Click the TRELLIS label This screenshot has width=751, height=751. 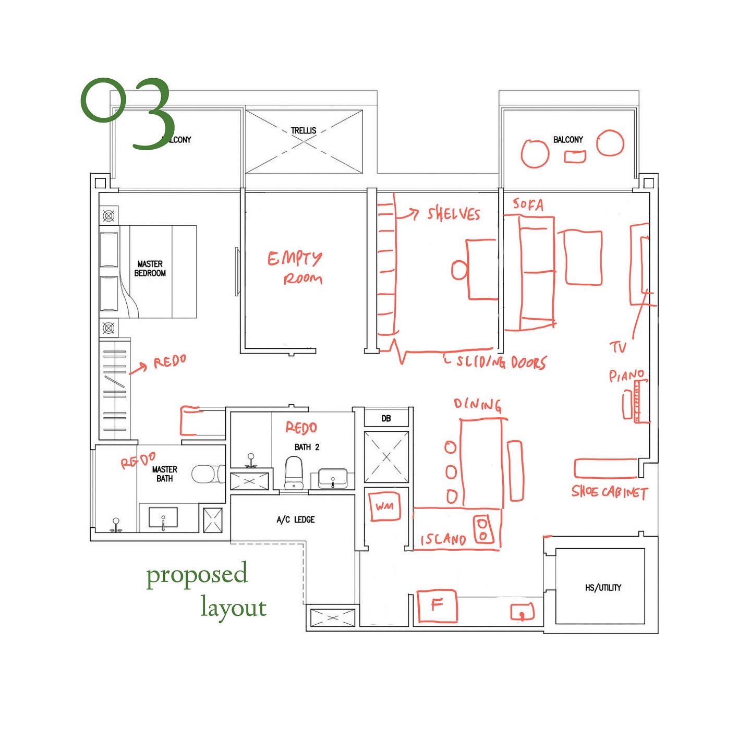tap(304, 130)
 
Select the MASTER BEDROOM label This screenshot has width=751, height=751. tap(150, 269)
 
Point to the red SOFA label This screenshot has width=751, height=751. tap(528, 204)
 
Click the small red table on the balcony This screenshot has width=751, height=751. tap(575, 156)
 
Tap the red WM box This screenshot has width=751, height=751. tap(385, 505)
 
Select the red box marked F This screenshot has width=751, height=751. tap(437, 606)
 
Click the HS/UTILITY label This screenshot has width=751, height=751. tap(603, 588)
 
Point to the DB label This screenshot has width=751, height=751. tap(386, 418)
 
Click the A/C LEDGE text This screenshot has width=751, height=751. tap(296, 519)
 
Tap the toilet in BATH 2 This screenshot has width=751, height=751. tap(294, 473)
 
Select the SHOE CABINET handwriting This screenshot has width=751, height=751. tap(610, 492)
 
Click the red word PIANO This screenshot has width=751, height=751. tap(626, 375)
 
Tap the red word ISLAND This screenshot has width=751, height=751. tap(443, 539)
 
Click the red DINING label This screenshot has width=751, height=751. tap(477, 404)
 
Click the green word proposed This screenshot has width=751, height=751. tap(197, 575)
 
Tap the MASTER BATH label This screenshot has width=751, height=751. tap(165, 474)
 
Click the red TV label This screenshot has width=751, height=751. tap(618, 347)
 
